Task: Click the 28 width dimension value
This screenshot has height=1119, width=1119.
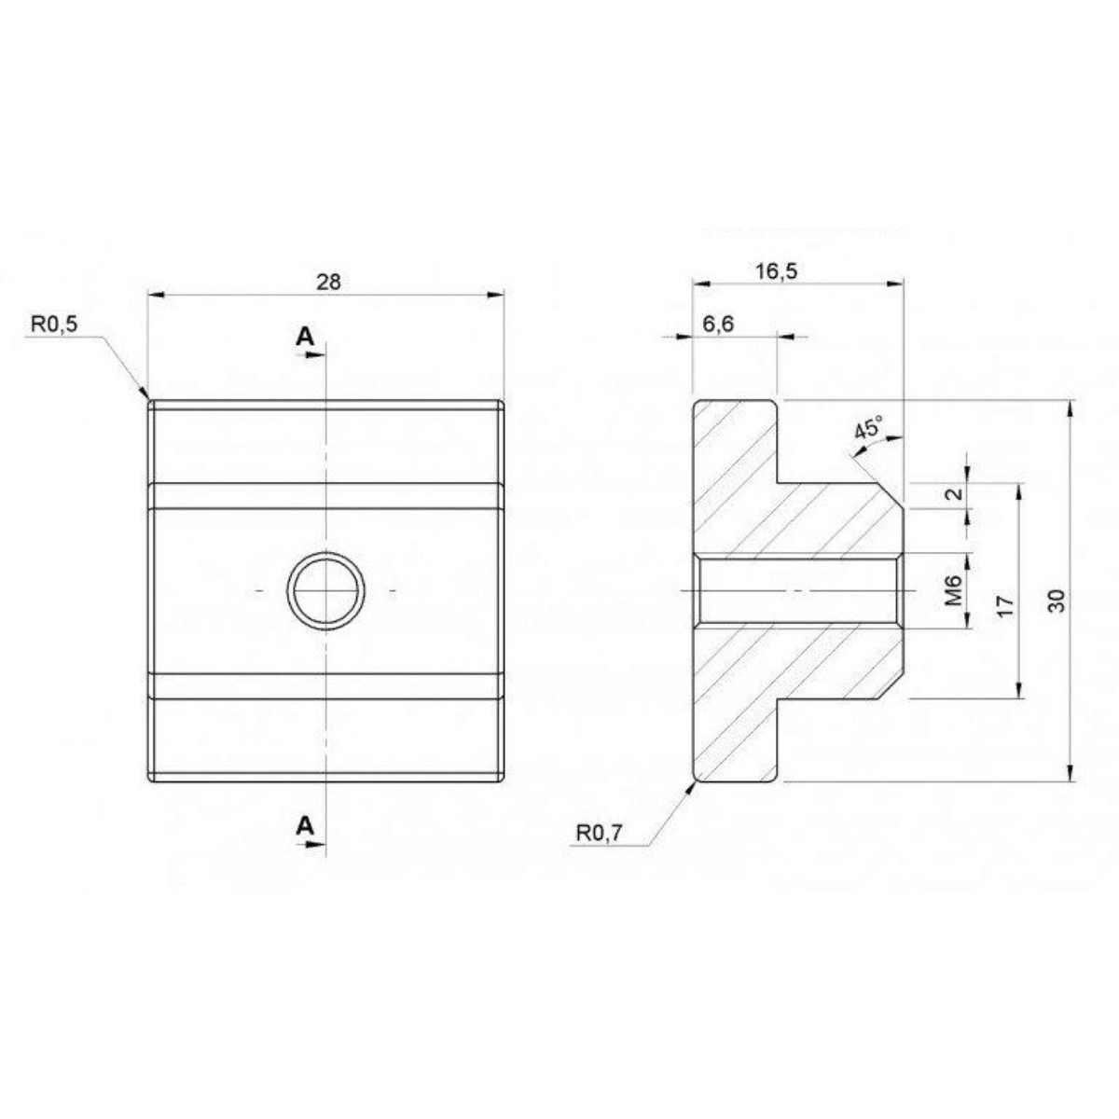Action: (x=328, y=283)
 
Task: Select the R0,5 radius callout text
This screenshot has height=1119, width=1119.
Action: (x=53, y=325)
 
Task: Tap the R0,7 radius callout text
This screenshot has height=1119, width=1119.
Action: (x=599, y=834)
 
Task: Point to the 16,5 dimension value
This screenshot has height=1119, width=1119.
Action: (x=776, y=270)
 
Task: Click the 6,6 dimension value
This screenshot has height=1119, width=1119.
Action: (x=718, y=324)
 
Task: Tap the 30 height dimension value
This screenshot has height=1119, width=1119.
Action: (x=1057, y=601)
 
